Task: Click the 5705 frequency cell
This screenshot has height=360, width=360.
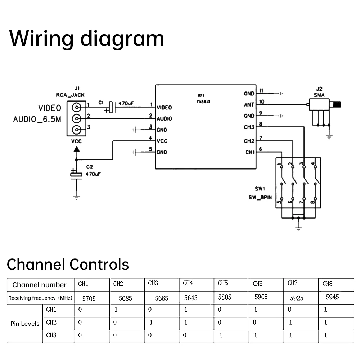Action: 89,298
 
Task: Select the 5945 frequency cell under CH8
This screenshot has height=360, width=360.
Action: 332,297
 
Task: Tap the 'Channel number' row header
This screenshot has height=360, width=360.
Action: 39,285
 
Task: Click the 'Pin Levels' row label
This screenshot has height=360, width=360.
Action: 25,324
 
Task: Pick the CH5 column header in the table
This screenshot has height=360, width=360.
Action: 223,283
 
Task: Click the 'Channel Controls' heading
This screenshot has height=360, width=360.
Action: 68,264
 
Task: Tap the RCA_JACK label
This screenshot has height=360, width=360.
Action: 70,95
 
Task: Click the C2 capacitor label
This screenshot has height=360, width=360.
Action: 89,167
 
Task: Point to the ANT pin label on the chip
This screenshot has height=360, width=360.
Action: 249,105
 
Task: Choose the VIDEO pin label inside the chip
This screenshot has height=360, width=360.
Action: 164,108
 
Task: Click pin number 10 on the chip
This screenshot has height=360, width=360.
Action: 262,102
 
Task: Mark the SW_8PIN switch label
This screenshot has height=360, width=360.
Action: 260,197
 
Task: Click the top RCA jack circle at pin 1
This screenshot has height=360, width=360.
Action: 76,107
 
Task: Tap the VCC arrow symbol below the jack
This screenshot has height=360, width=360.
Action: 76,148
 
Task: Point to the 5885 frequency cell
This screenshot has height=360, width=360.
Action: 225,297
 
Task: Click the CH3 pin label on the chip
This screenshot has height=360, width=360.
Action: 249,127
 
